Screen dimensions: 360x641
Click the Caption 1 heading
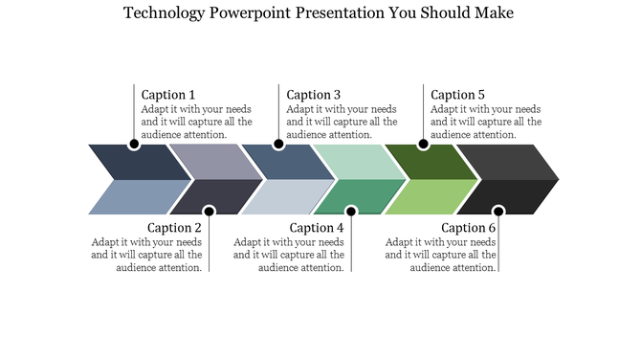point(168,95)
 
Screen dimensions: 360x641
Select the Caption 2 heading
point(174,228)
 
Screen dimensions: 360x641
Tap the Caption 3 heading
point(314,95)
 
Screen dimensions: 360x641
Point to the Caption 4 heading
point(317,228)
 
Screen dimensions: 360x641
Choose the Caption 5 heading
point(457,95)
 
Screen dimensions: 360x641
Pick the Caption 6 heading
point(469,228)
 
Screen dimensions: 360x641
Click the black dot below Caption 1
point(134,145)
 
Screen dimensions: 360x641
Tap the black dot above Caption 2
point(209,211)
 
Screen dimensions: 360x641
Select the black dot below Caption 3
point(278,145)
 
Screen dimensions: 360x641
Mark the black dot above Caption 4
point(351,211)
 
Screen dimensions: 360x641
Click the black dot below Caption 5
point(423,145)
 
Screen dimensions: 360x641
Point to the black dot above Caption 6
point(497,211)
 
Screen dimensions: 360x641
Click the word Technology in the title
point(165,13)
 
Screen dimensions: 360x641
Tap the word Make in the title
point(494,13)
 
